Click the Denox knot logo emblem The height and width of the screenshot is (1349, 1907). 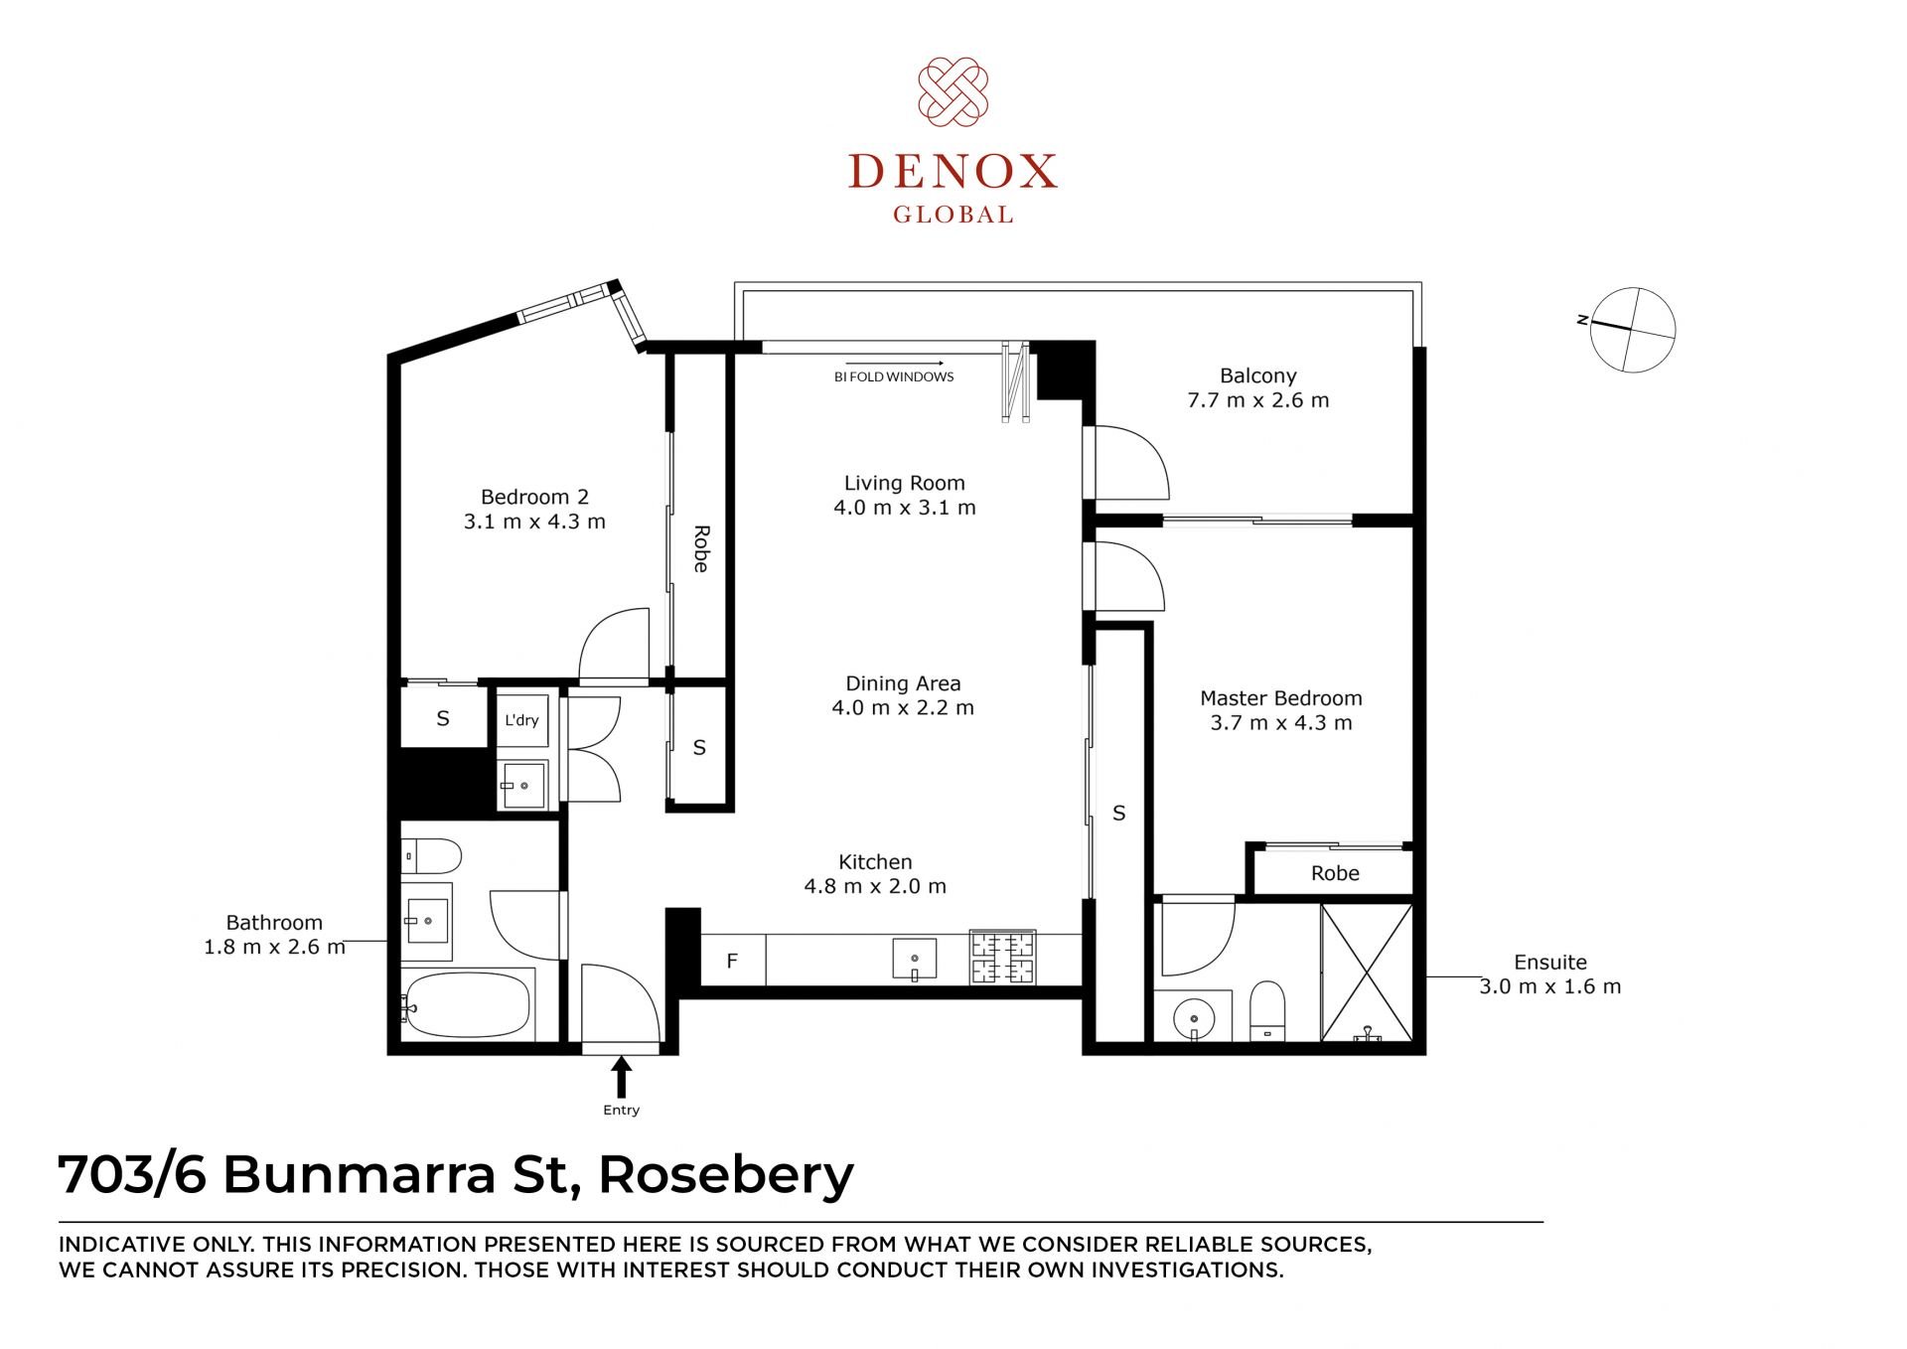953,91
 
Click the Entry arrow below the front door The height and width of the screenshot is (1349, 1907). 622,1077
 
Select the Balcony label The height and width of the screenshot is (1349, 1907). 1258,375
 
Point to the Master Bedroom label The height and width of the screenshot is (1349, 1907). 1281,698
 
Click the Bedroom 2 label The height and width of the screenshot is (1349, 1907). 534,497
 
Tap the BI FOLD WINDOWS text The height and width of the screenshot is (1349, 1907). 894,377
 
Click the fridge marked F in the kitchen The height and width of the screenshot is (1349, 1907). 733,960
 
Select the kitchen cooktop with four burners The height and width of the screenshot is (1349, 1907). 1003,958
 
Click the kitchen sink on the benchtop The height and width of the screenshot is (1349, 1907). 915,960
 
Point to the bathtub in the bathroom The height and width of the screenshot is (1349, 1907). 468,1004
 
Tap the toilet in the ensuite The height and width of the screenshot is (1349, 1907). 1266,1010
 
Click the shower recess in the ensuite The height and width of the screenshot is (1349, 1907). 1367,973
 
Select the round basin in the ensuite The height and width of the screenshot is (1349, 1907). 1193,1018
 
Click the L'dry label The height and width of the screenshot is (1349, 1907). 521,720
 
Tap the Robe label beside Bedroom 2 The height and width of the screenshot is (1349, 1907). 700,549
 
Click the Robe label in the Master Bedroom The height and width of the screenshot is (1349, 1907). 1335,873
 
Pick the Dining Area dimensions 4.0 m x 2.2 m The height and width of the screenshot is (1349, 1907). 903,708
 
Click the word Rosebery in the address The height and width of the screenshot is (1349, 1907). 726,1175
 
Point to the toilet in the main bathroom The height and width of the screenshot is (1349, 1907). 431,855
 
